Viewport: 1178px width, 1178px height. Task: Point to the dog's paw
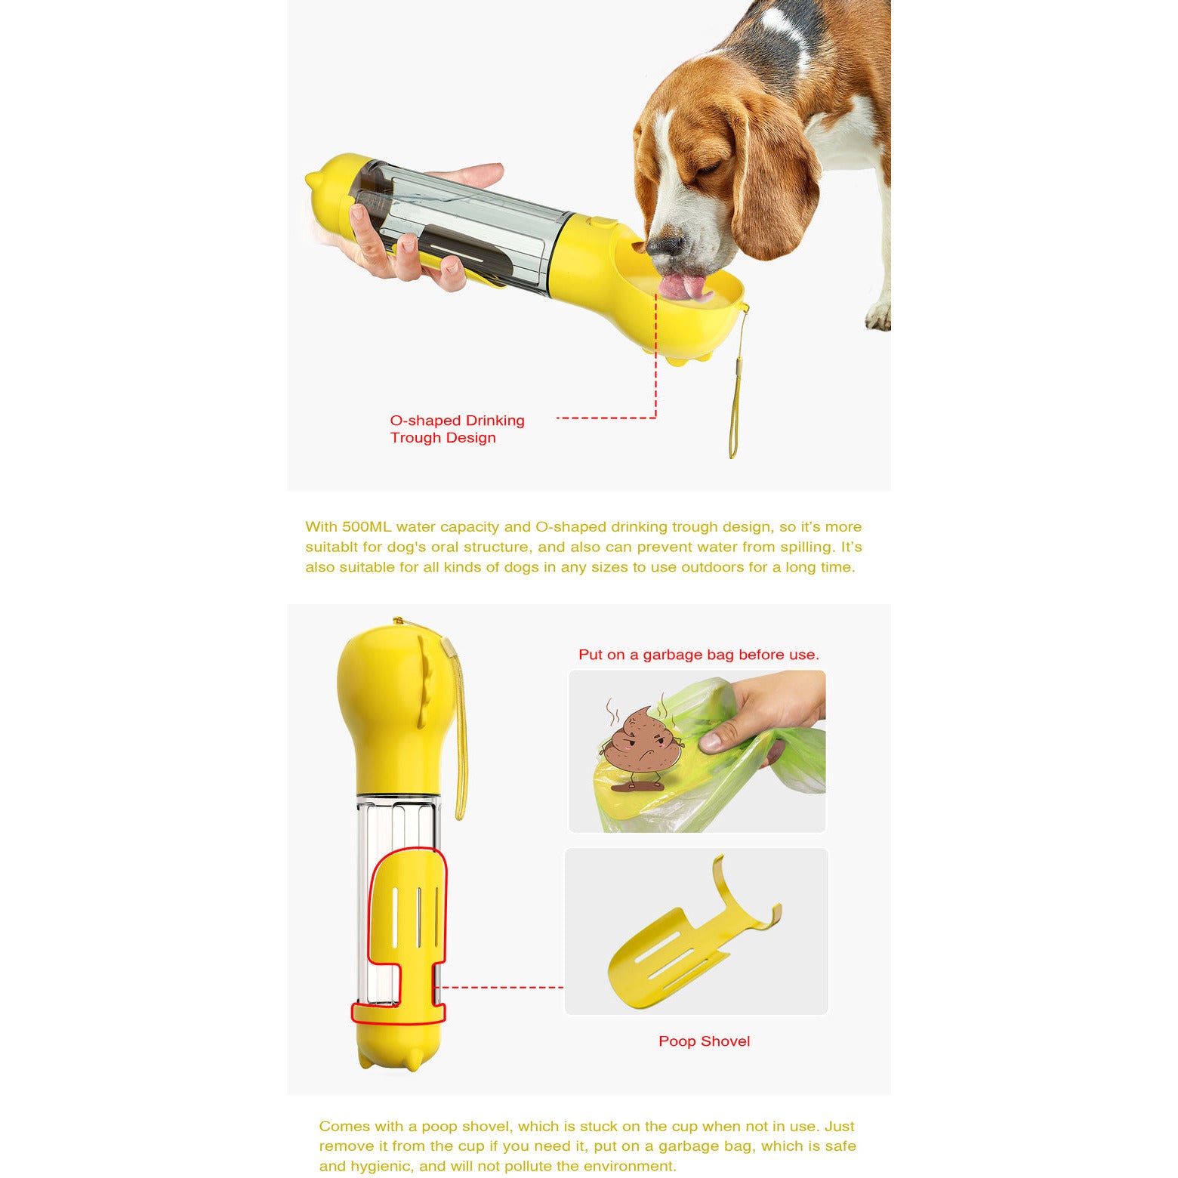click(878, 316)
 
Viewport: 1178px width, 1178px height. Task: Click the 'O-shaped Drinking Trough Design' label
click(457, 429)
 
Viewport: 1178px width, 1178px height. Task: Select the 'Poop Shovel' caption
click(704, 1041)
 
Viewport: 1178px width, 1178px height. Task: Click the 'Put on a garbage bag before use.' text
click(698, 655)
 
